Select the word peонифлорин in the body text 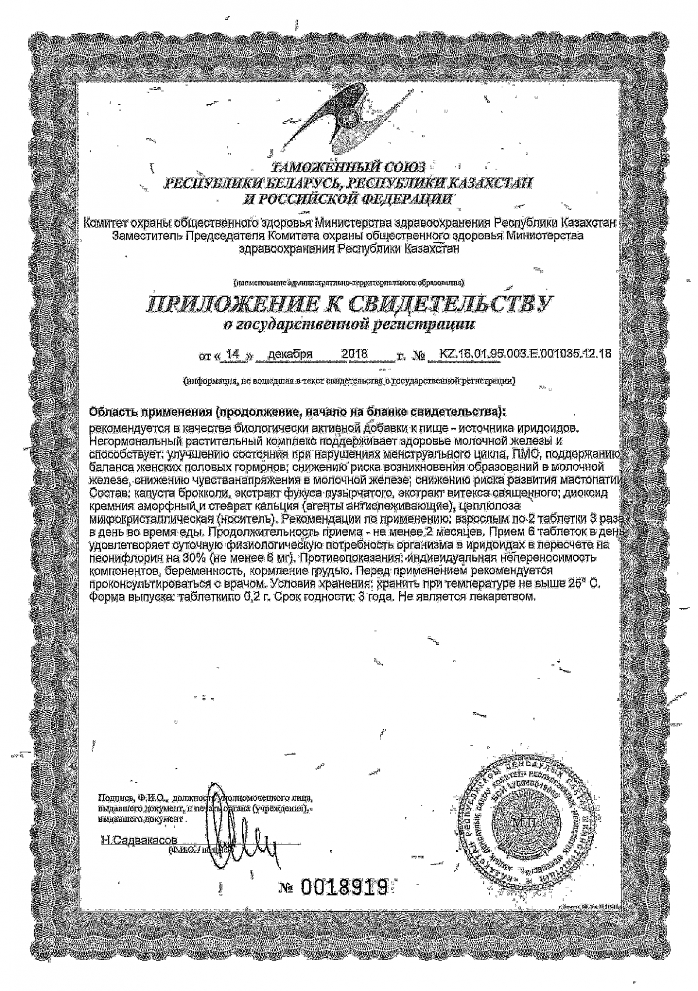119,557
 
